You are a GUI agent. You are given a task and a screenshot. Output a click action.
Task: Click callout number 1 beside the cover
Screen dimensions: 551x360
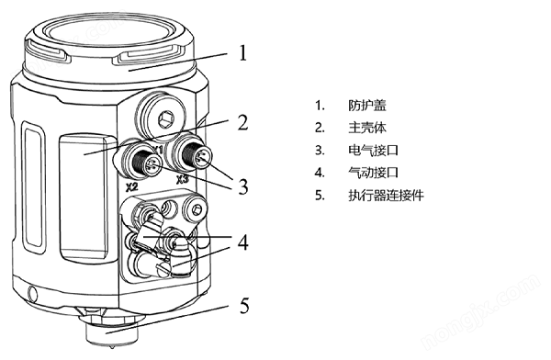click(243, 53)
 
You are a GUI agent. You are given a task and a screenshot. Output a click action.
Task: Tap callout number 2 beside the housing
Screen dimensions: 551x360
click(242, 122)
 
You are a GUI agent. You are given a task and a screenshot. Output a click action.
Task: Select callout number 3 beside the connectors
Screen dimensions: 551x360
click(242, 186)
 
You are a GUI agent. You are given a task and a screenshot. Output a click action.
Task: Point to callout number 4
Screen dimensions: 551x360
click(242, 242)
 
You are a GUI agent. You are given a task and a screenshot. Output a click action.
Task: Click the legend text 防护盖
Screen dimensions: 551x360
click(367, 105)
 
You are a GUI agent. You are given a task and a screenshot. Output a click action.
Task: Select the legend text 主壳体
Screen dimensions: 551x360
click(367, 128)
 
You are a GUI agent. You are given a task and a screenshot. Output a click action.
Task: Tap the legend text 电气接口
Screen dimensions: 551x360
click(374, 151)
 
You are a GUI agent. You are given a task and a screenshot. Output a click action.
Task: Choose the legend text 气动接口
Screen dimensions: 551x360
click(374, 173)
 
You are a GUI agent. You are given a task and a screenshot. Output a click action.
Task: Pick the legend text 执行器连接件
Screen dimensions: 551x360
click(387, 195)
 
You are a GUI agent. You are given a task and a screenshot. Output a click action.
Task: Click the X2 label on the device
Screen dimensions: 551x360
click(131, 187)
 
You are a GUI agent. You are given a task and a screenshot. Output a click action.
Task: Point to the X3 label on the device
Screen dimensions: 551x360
click(183, 180)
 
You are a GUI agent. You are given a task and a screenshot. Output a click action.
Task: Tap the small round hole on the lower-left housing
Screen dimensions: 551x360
click(33, 293)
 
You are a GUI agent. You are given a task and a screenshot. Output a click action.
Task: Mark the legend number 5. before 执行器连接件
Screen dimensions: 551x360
click(320, 196)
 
